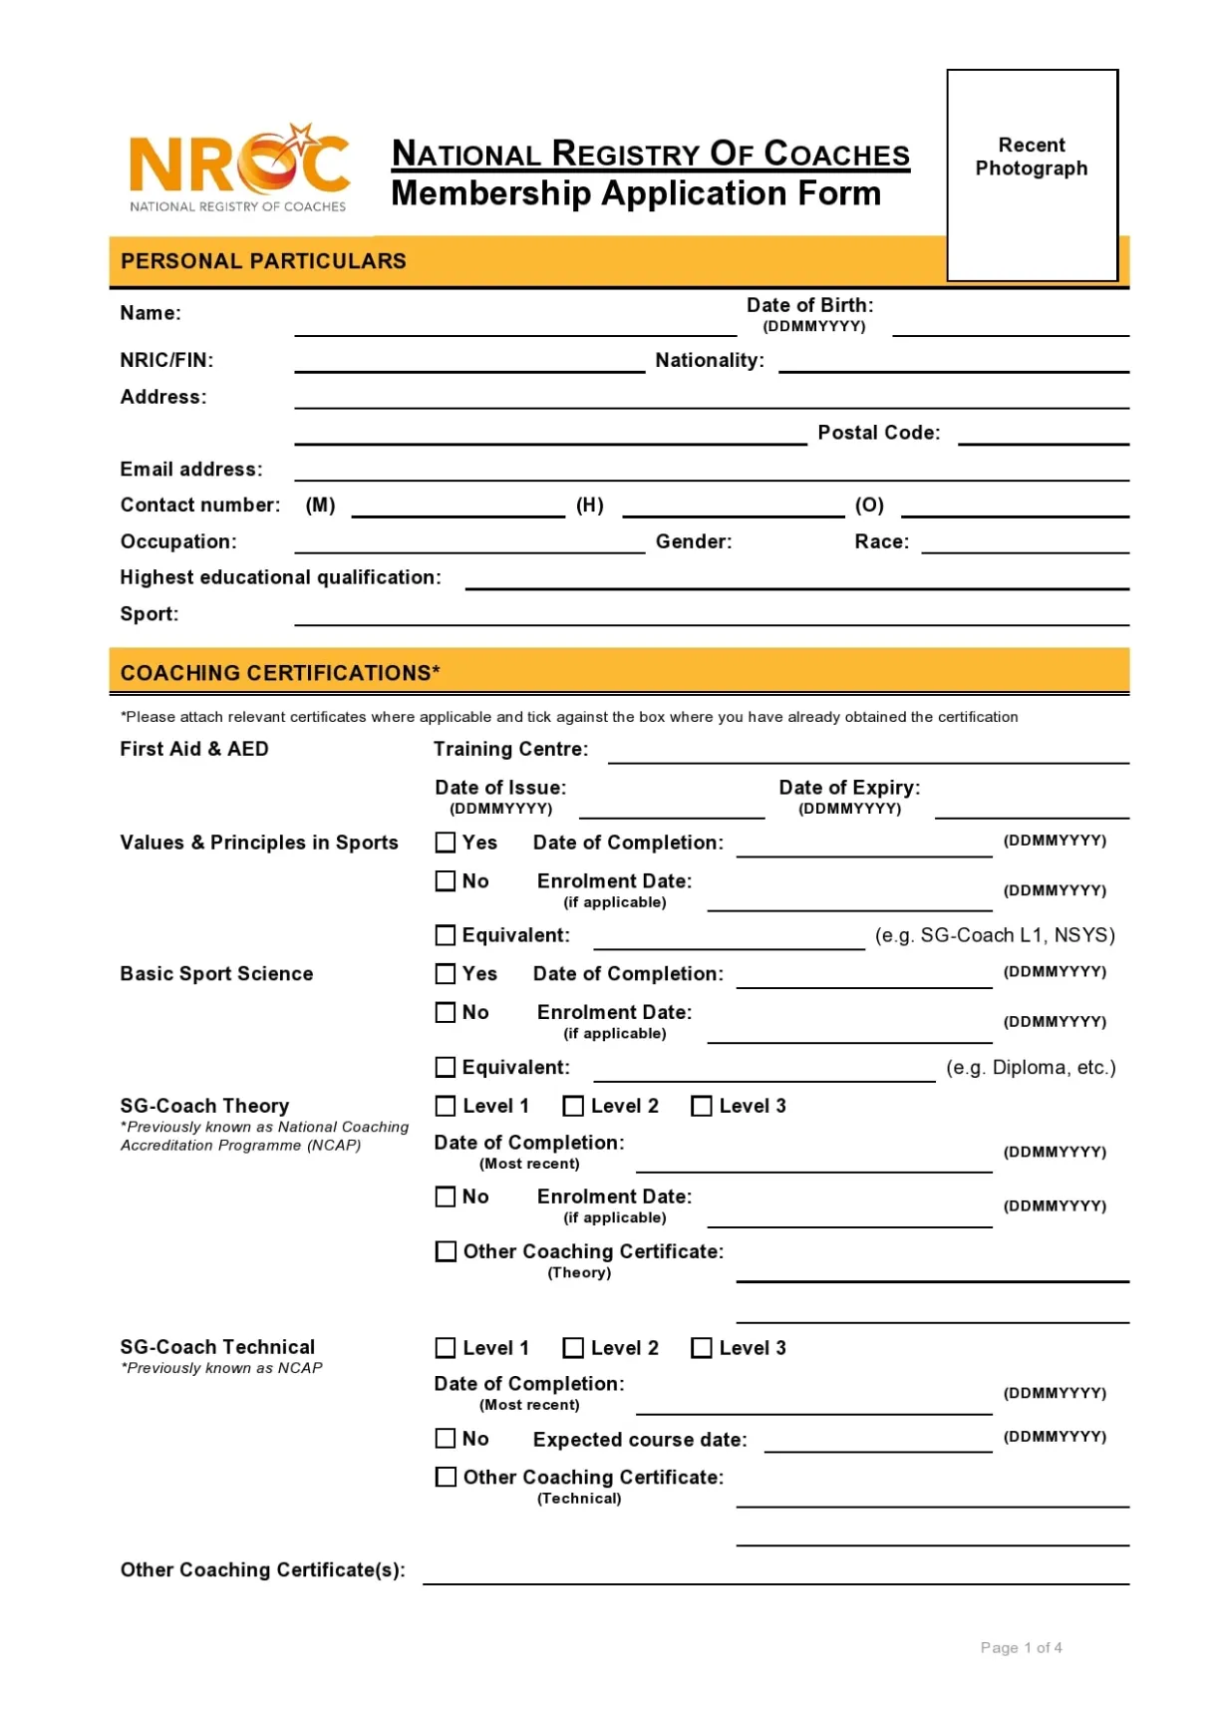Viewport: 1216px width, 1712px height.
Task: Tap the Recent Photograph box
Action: click(x=1032, y=174)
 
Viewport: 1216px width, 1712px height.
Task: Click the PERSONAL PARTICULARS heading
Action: click(x=263, y=261)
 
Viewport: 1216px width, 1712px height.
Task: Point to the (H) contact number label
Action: click(x=590, y=506)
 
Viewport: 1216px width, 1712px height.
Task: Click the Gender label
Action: click(x=694, y=541)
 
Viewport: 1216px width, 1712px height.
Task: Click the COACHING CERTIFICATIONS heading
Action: click(x=280, y=673)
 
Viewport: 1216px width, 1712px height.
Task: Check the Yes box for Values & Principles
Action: click(x=446, y=843)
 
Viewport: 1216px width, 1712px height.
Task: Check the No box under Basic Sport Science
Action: click(x=446, y=1012)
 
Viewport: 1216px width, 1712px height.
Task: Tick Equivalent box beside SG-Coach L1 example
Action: click(x=446, y=935)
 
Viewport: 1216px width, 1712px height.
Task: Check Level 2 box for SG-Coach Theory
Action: click(x=573, y=1106)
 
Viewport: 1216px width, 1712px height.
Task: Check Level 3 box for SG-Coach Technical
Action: click(x=702, y=1348)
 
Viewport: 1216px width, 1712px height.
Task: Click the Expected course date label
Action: click(x=640, y=1440)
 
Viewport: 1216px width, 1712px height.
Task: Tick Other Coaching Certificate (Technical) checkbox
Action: click(x=446, y=1477)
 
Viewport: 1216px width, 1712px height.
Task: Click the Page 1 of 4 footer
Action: click(x=1021, y=1648)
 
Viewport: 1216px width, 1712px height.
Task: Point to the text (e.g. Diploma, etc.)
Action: click(x=1031, y=1068)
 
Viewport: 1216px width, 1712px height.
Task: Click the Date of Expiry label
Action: click(x=849, y=788)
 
